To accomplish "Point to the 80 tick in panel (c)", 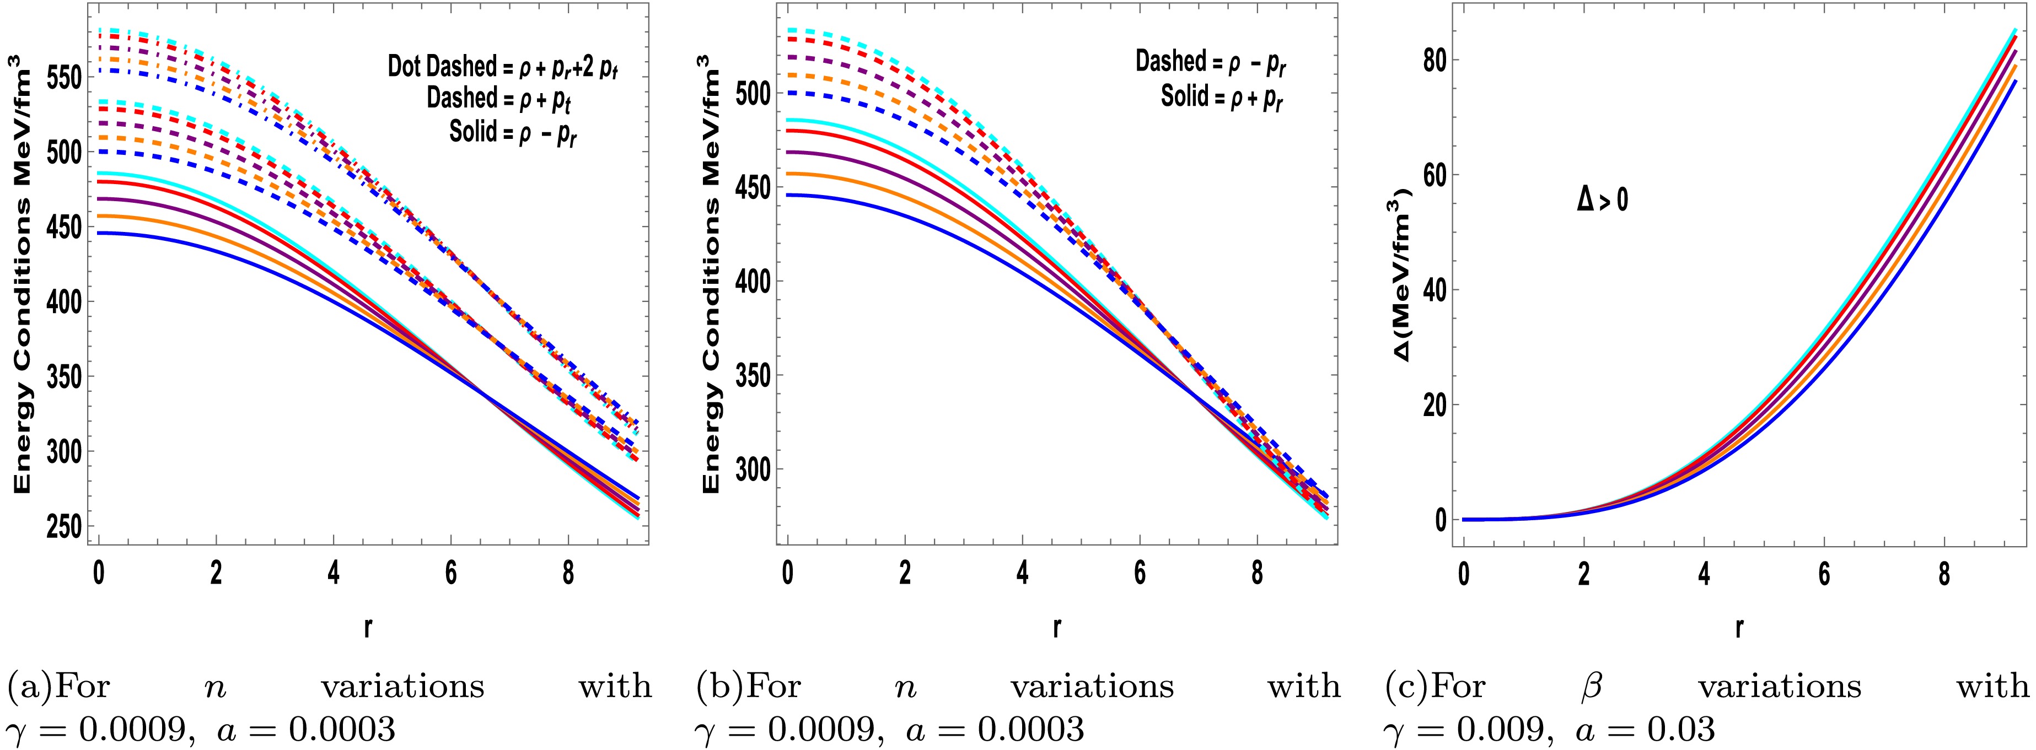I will (x=1439, y=60).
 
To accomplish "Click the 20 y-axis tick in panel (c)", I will (x=1439, y=404).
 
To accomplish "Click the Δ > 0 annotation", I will (x=1602, y=201).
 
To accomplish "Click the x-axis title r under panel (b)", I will (x=1057, y=628).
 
